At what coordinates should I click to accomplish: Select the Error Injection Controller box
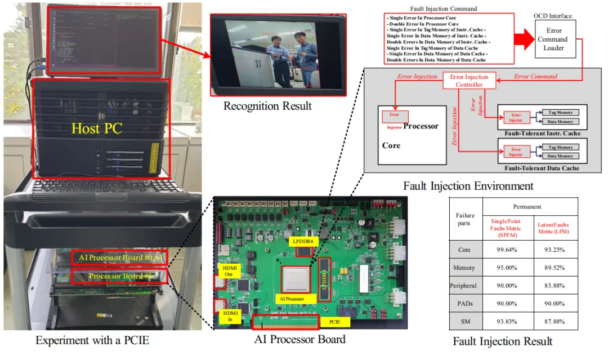click(469, 81)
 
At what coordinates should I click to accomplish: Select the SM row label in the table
click(464, 322)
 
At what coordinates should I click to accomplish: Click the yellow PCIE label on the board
click(333, 323)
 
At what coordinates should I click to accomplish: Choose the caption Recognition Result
click(267, 106)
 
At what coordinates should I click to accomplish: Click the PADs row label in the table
click(464, 304)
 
